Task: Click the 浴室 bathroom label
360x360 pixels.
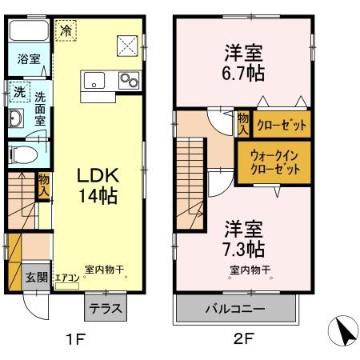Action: [x=29, y=59]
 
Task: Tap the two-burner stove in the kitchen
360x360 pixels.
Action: [x=127, y=79]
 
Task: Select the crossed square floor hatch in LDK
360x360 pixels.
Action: [x=126, y=45]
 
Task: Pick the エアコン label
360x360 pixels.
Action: [x=67, y=278]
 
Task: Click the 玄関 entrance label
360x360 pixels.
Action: [x=36, y=277]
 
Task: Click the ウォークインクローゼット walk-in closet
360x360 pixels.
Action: [x=275, y=162]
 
